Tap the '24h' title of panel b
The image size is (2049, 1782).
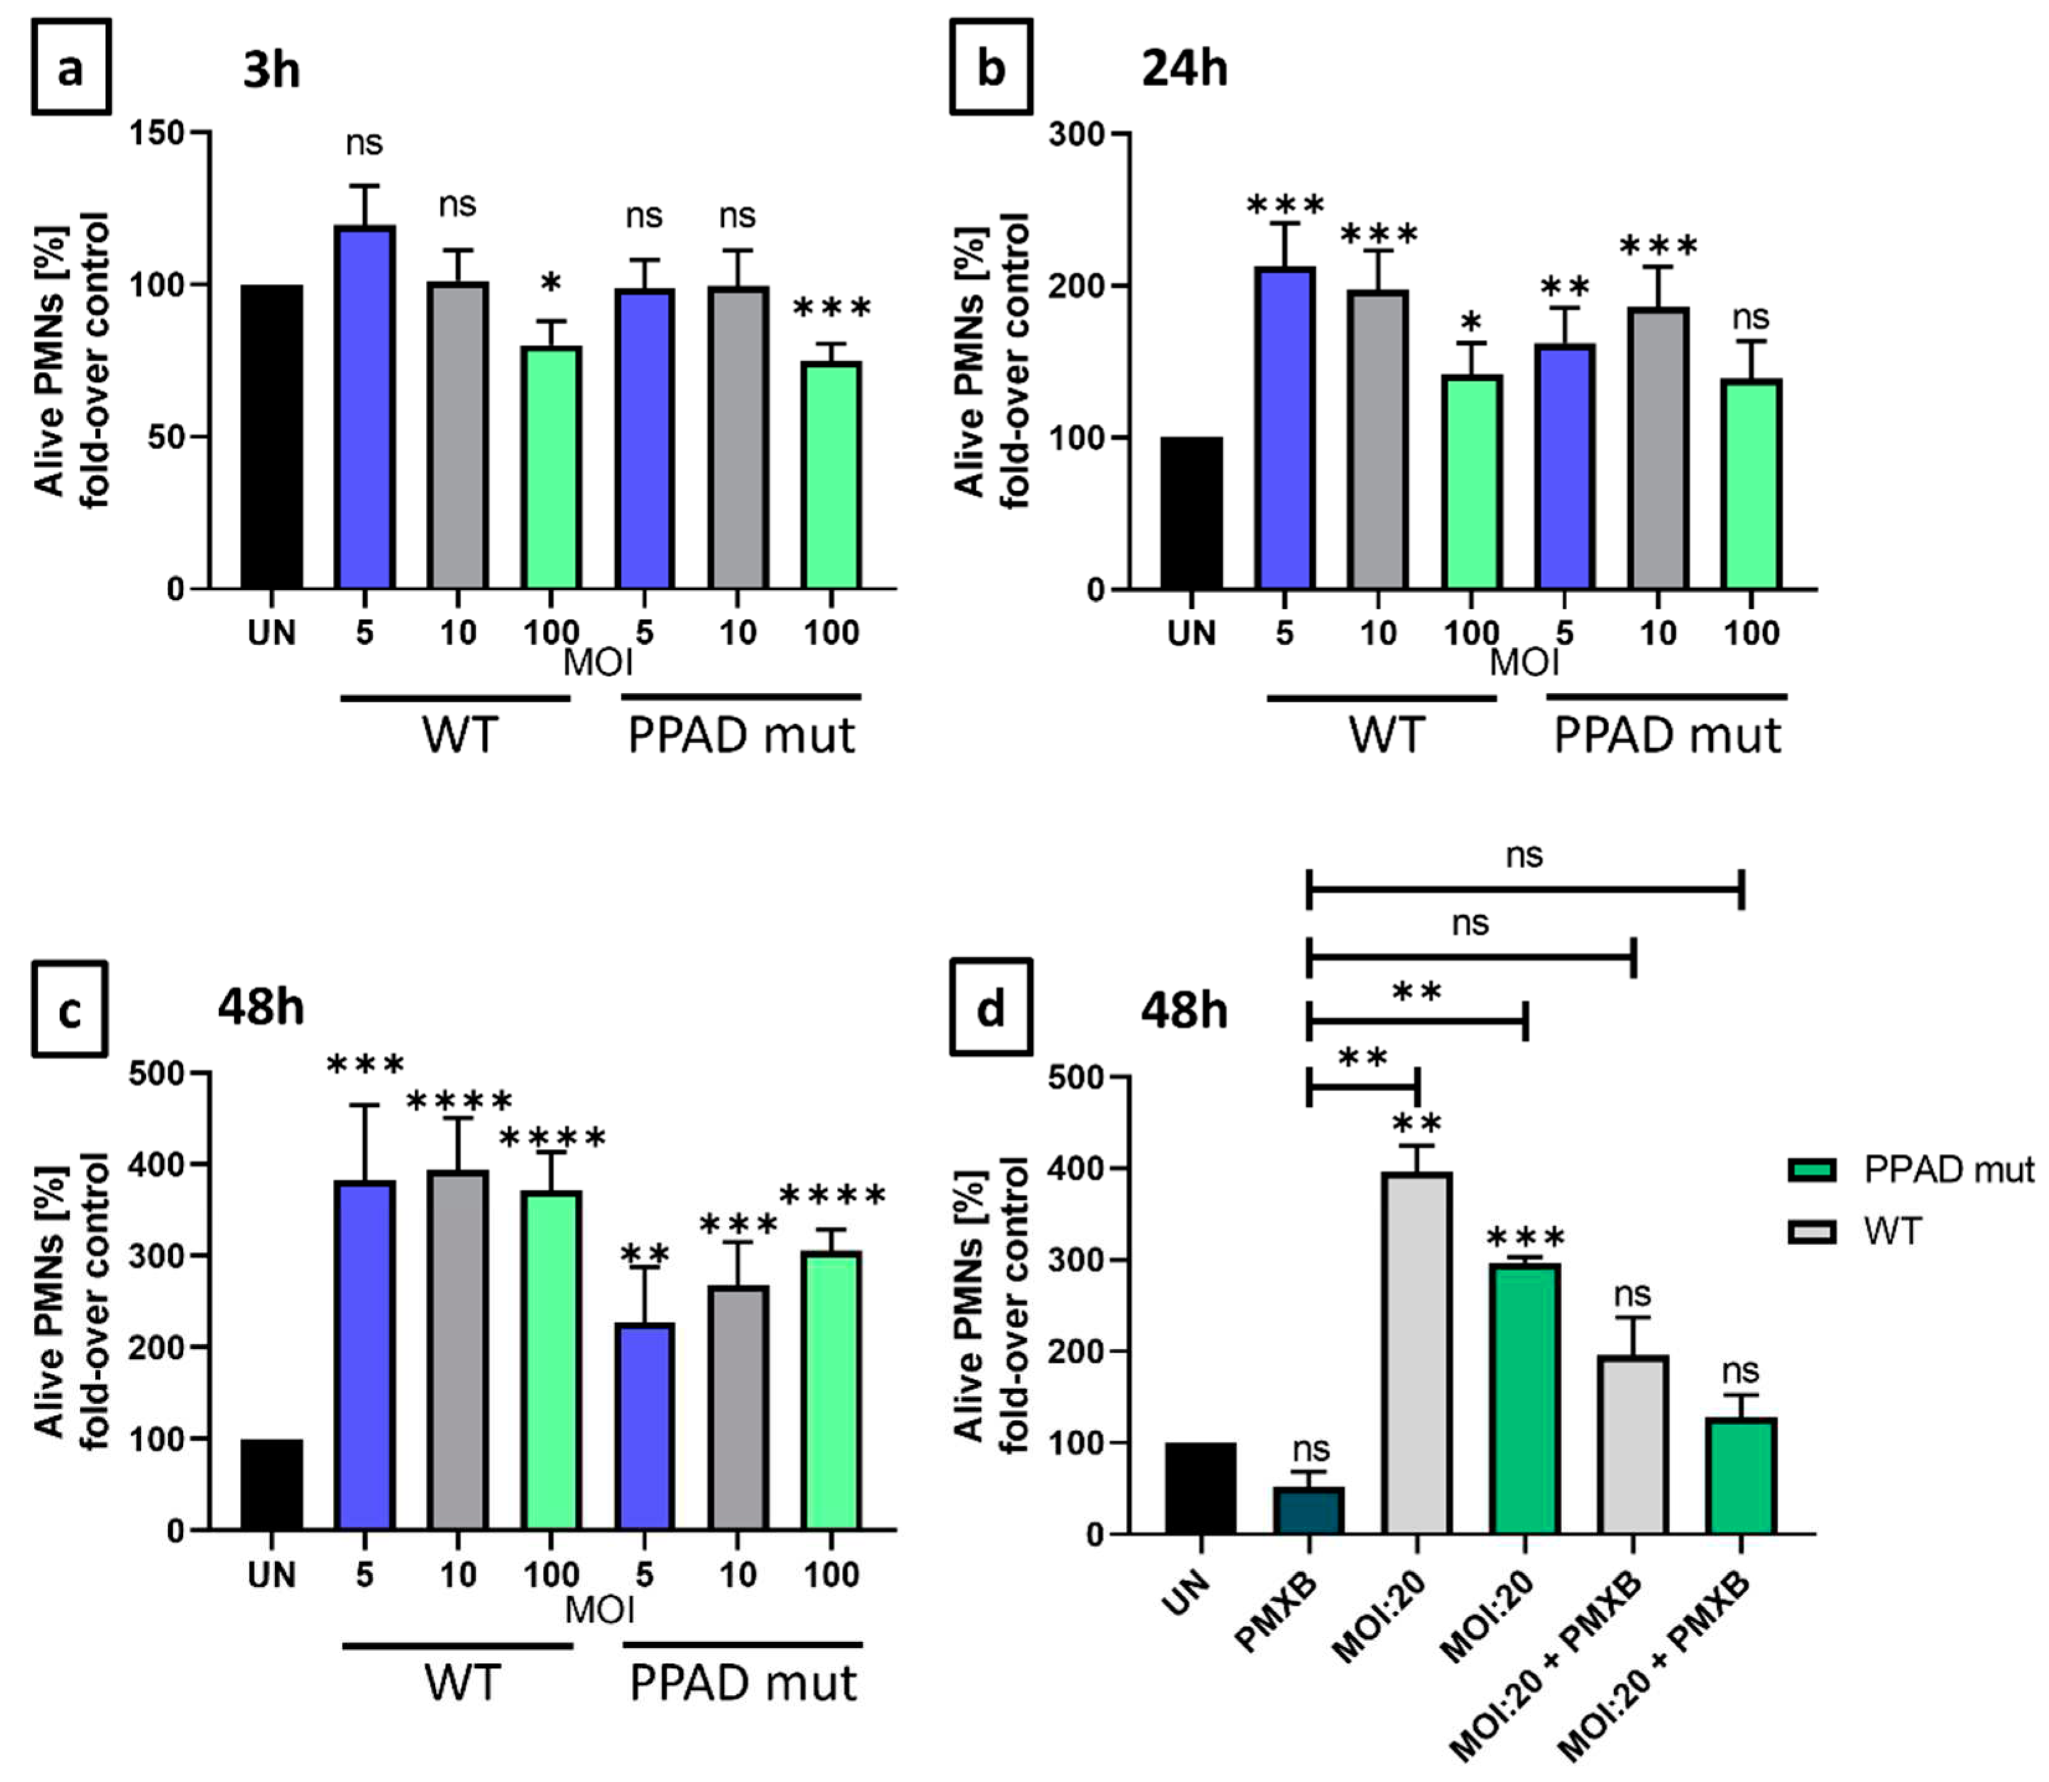(1184, 69)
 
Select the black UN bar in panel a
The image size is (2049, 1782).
(272, 438)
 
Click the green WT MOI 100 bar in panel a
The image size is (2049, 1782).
(552, 468)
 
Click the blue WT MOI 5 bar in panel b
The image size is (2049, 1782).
(1285, 428)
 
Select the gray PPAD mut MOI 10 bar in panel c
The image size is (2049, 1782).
(738, 1407)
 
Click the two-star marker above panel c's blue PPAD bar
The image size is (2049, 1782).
(645, 1255)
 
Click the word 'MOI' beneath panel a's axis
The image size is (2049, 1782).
(598, 662)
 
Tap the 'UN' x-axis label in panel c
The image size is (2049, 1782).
(272, 1575)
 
